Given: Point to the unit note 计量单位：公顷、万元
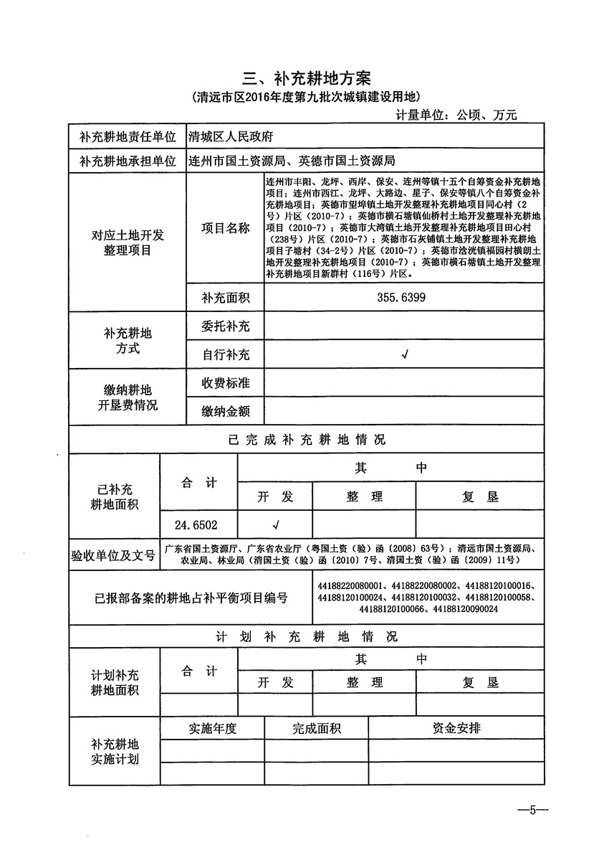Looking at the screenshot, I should [x=456, y=114].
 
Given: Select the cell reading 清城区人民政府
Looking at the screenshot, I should [x=230, y=136].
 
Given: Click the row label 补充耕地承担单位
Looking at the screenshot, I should [x=128, y=161].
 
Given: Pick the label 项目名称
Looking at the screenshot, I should [x=226, y=228].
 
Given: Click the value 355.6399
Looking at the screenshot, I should [x=401, y=297].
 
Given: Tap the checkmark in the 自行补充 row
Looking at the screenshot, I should [x=406, y=354].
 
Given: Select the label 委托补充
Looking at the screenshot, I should [x=226, y=326].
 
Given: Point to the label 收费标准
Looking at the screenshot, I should [x=226, y=383].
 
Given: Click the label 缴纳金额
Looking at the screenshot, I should [x=226, y=411].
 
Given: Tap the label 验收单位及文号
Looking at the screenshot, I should [x=113, y=555].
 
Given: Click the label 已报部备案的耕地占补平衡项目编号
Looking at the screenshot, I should [x=191, y=597].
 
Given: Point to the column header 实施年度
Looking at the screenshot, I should [x=213, y=729].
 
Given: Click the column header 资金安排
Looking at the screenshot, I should [x=456, y=729].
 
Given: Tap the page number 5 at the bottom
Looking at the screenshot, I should [x=532, y=811].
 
